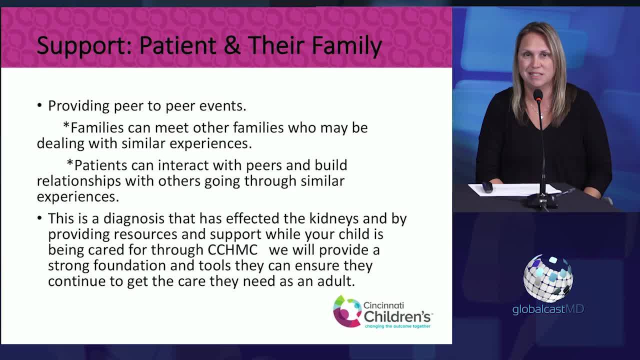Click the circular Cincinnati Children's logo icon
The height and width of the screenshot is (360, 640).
346,311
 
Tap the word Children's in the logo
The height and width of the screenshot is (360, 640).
397,316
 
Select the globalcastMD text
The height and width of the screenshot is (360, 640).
548,309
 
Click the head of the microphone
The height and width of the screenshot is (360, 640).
537,94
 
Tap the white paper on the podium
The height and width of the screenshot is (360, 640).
515,189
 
